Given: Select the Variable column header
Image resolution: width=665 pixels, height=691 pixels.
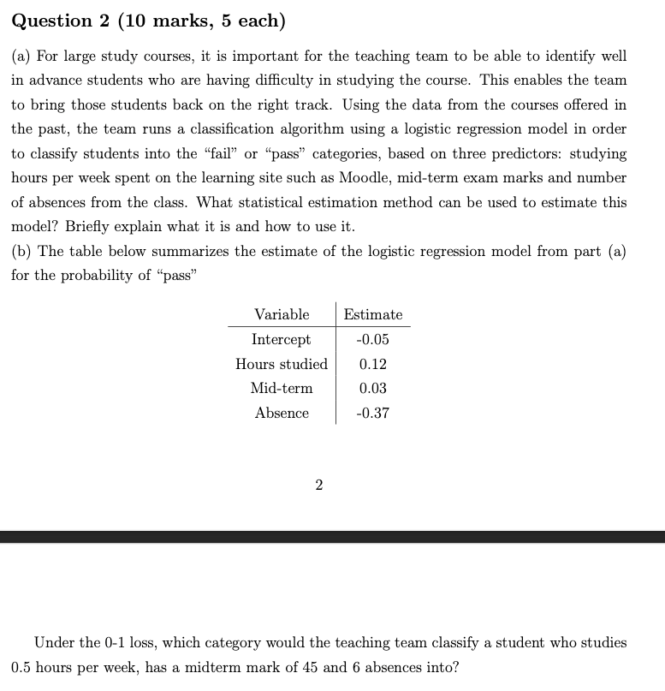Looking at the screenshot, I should [282, 314].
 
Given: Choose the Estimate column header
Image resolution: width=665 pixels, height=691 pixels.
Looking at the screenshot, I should [373, 314].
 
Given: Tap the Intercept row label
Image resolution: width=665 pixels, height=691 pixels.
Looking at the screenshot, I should [282, 339].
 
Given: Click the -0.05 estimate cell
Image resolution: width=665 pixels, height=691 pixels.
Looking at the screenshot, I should [372, 339].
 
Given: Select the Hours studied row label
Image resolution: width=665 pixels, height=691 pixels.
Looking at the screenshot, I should [282, 364].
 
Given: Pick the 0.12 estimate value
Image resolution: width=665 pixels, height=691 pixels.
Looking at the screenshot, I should [373, 364].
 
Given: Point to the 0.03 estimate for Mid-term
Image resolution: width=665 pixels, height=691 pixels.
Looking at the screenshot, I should [373, 389].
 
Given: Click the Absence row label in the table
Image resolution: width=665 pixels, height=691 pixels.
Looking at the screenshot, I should [282, 414].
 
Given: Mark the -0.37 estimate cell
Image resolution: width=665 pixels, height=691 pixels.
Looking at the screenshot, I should [372, 414].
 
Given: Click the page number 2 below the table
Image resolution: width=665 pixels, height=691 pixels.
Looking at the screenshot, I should [319, 485].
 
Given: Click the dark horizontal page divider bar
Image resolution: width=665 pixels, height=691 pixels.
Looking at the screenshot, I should [332, 537].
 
